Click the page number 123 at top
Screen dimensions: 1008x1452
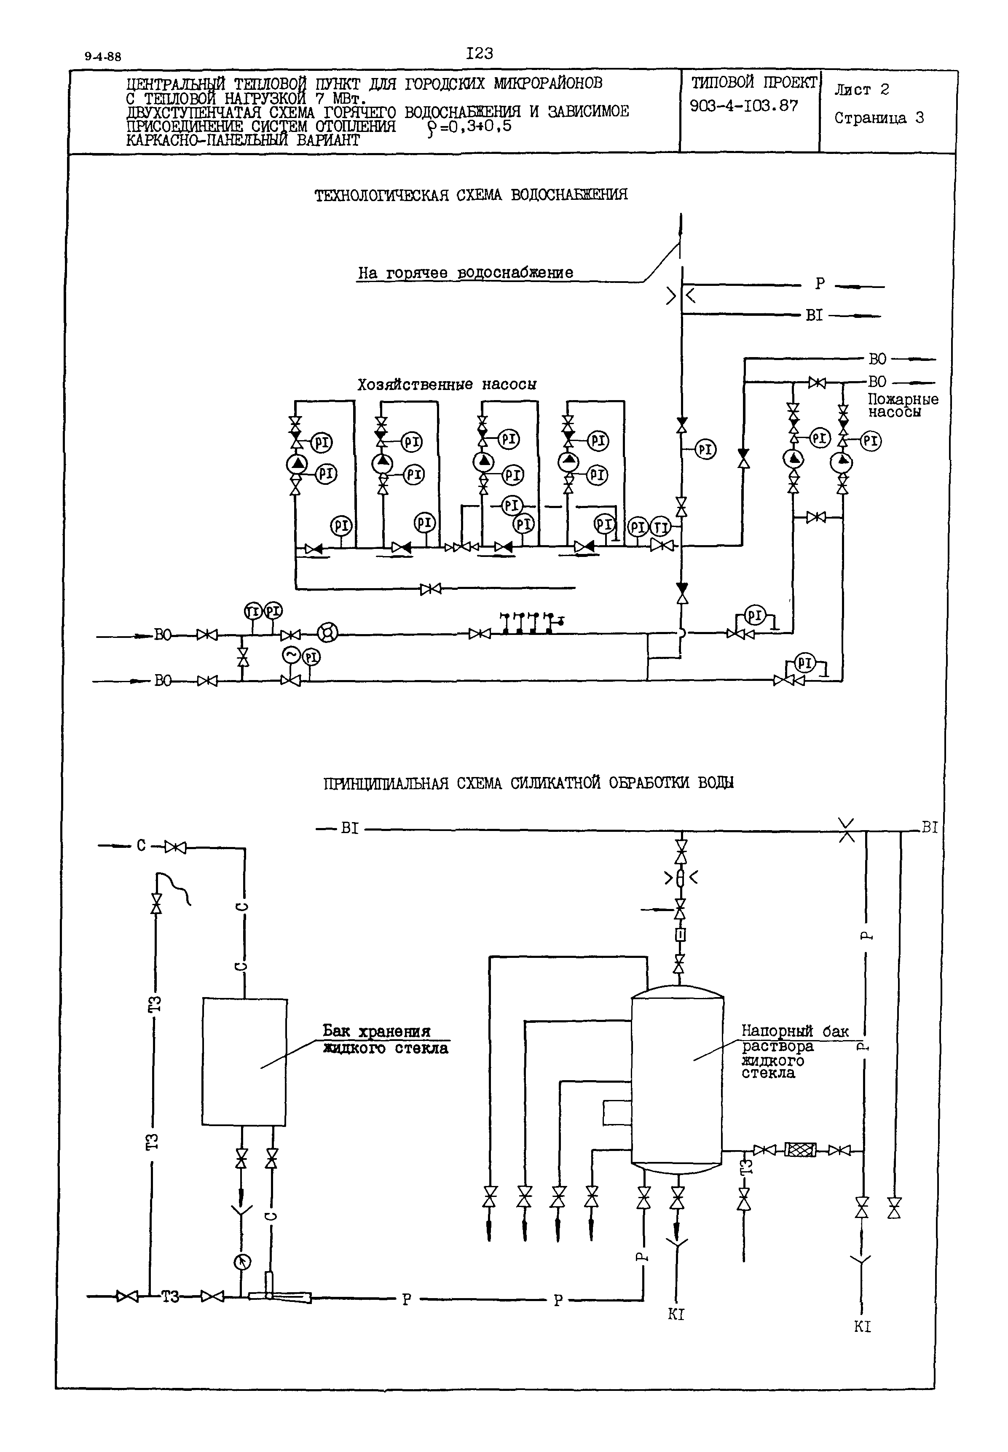[480, 54]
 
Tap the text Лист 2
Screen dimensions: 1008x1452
[861, 90]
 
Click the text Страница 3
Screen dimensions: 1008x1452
[879, 118]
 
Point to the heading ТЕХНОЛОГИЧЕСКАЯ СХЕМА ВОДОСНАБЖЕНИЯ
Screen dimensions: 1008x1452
[471, 195]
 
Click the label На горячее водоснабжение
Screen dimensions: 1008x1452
[466, 273]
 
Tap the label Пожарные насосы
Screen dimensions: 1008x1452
[903, 406]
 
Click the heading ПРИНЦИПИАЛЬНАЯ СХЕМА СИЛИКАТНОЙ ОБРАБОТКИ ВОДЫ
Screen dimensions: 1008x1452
[528, 783]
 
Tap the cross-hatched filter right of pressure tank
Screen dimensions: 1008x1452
[800, 1150]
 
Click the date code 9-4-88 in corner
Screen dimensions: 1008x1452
[103, 56]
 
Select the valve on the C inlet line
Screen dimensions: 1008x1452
[176, 847]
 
